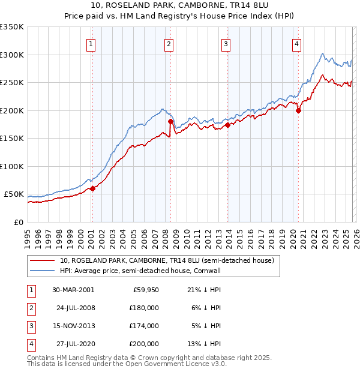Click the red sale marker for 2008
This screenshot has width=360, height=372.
click(171, 121)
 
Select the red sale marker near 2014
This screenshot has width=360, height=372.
click(227, 125)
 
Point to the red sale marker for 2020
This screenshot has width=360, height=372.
click(298, 110)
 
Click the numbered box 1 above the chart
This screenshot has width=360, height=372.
click(91, 43)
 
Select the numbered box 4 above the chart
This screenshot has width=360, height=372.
click(297, 43)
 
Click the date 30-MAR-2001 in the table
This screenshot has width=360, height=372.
click(73, 289)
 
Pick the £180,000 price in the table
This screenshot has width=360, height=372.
click(144, 307)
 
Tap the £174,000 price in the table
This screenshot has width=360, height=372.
click(144, 326)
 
